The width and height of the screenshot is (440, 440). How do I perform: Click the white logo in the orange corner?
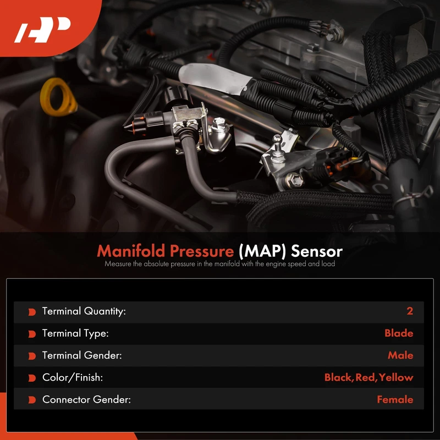42,30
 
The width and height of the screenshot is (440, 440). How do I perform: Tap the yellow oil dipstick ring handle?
58,97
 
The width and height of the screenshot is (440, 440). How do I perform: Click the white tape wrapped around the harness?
214,78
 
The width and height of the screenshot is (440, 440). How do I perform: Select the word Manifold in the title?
131,251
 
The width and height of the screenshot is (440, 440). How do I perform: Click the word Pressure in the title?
202,251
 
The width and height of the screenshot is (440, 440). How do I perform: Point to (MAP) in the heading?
262,251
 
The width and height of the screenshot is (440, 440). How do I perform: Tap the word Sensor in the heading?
317,251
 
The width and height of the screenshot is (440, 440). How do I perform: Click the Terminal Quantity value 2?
410,311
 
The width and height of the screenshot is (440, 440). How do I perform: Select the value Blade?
399,333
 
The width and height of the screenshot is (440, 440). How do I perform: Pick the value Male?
400,355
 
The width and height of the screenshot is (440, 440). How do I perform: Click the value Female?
395,399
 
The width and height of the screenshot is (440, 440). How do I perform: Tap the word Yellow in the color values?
396,377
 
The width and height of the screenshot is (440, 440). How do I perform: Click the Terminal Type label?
75,333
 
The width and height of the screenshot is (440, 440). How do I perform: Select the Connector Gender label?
86,399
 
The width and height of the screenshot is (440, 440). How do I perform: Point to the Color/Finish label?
73,377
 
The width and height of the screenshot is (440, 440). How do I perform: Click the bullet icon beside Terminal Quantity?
32,312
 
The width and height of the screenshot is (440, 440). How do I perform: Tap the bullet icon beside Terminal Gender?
32,356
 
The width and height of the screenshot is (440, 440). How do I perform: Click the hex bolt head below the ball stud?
294,180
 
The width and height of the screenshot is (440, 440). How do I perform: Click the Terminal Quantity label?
84,311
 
